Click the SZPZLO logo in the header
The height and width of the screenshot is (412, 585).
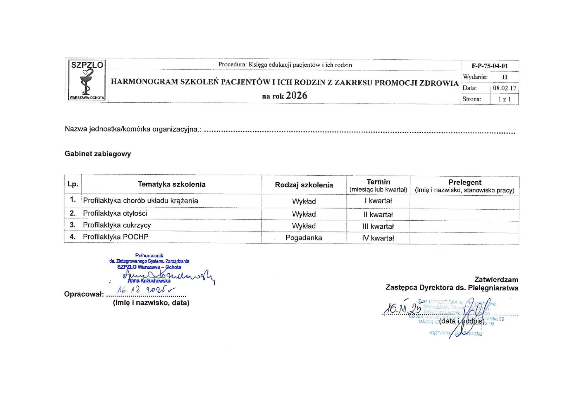[x=87, y=80]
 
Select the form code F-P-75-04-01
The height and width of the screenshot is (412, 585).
[x=490, y=66]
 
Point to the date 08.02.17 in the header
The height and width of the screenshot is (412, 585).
[x=505, y=88]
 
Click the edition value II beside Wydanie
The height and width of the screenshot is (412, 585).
[x=505, y=77]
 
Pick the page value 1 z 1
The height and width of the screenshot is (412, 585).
[x=505, y=99]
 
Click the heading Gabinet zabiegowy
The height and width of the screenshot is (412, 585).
[x=98, y=154]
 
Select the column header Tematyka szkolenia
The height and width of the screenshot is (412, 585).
[x=171, y=184]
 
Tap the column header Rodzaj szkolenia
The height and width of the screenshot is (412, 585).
[x=304, y=185]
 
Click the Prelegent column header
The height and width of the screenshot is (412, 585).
[x=464, y=182]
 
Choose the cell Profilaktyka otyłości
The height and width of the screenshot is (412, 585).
[x=115, y=213]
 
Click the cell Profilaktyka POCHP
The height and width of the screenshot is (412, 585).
[x=116, y=237]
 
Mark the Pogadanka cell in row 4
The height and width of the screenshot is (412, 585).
[x=304, y=238]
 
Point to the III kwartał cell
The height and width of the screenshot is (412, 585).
[x=378, y=226]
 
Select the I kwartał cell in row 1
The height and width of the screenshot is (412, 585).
[x=378, y=201]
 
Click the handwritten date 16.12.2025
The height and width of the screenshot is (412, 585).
[x=146, y=290]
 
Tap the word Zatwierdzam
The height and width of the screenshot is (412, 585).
[x=496, y=280]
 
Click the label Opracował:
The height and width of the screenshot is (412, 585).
[x=84, y=294]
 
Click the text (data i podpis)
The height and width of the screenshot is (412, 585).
[x=462, y=321]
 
